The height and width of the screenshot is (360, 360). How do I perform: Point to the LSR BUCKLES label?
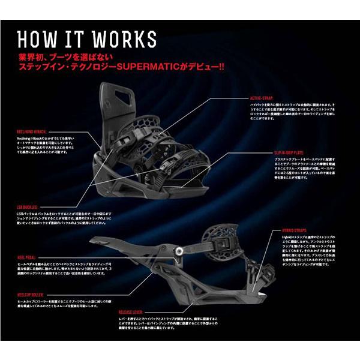point(30,205)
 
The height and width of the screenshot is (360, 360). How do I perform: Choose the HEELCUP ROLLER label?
point(32,296)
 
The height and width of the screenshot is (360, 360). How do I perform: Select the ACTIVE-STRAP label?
point(262,97)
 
